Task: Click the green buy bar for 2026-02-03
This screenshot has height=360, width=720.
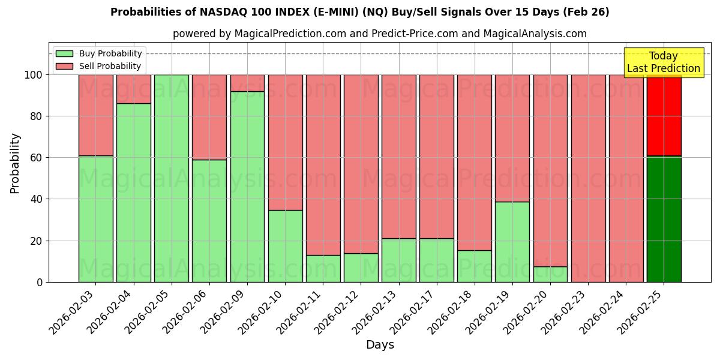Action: pyautogui.click(x=96, y=219)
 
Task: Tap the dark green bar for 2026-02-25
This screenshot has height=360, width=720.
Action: pyautogui.click(x=664, y=219)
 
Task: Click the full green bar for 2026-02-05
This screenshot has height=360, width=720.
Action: pyautogui.click(x=172, y=178)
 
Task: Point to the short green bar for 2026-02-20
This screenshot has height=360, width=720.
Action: pyautogui.click(x=550, y=274)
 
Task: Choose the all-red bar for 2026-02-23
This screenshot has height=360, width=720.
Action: pyautogui.click(x=588, y=178)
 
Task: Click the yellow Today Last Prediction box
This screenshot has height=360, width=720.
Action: pyautogui.click(x=664, y=62)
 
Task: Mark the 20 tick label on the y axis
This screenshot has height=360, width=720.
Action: pyautogui.click(x=36, y=241)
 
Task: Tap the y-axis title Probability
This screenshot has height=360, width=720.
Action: pyautogui.click(x=15, y=163)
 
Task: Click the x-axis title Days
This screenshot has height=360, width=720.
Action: pyautogui.click(x=380, y=345)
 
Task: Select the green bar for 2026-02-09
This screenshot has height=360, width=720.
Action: pyautogui.click(x=247, y=187)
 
